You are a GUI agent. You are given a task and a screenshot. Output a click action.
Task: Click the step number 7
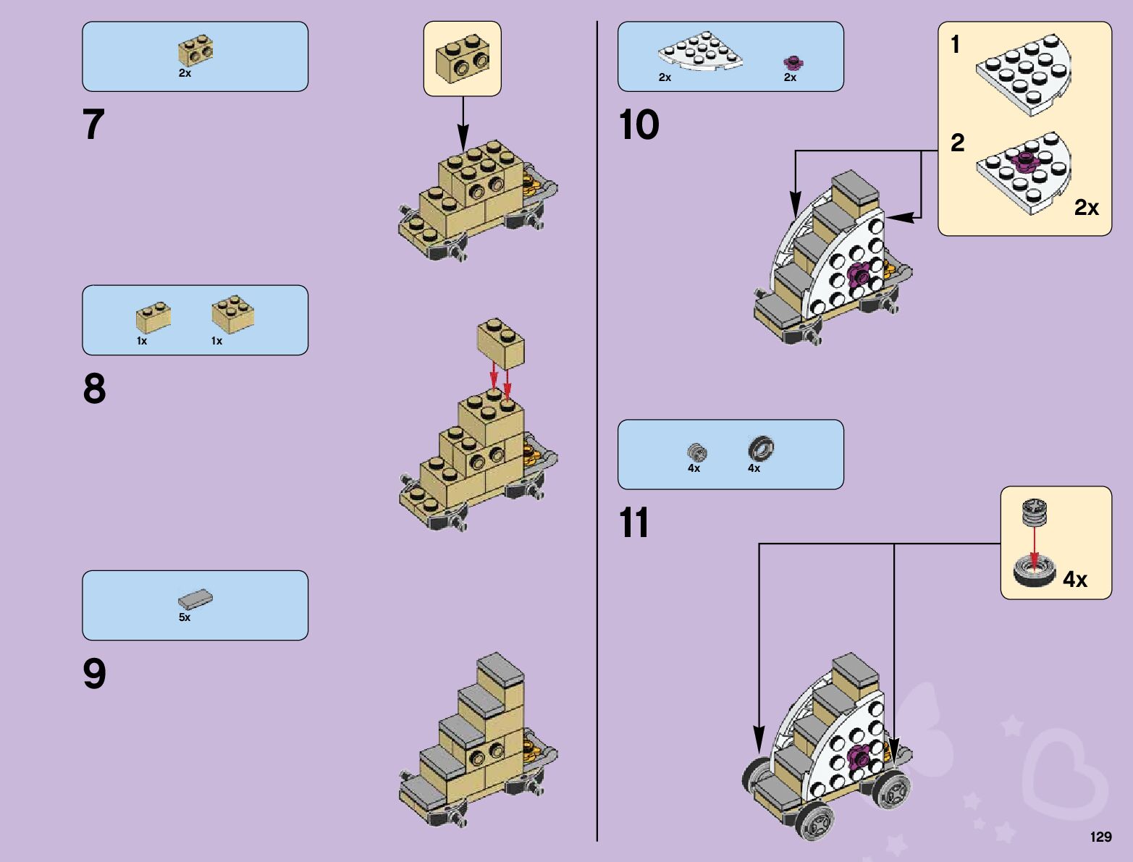[94, 124]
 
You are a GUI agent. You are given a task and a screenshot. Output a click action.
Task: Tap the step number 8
[94, 389]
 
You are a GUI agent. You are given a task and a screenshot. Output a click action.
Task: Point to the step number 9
[94, 674]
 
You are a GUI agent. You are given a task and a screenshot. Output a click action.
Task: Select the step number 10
[639, 124]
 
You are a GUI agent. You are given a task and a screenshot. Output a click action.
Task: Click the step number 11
[634, 523]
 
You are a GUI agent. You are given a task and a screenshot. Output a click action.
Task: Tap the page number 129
[1100, 837]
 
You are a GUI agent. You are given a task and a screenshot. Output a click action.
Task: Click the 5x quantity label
[185, 617]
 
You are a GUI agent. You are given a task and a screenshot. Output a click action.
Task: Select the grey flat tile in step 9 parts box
[195, 599]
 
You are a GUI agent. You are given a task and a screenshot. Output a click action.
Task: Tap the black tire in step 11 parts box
[761, 449]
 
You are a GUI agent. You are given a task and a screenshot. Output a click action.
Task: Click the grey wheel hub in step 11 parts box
[696, 452]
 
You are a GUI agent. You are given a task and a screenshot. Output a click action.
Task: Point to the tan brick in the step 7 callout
[462, 59]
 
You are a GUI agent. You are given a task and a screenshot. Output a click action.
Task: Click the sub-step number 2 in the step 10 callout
[957, 143]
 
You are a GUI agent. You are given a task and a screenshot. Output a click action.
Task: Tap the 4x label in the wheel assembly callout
[1075, 579]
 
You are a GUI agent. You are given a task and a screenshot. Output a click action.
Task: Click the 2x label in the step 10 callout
[1086, 208]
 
